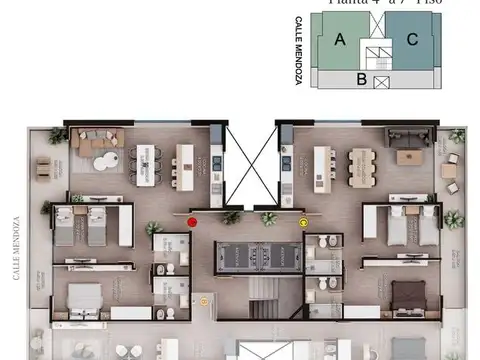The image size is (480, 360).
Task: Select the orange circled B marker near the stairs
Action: coord(204,299)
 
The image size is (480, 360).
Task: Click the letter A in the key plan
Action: coord(340,40)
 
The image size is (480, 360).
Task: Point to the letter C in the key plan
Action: coord(412,40)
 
